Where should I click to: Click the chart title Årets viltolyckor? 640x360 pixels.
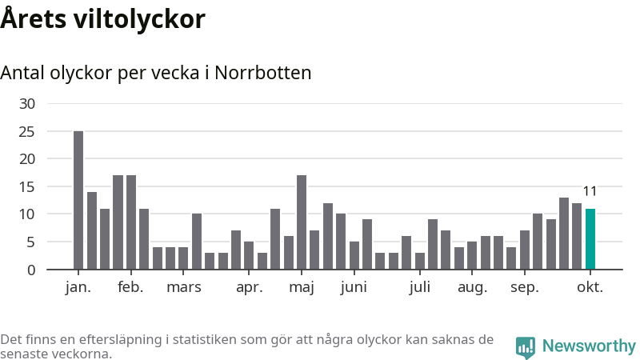click(x=102, y=19)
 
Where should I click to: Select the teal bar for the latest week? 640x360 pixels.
click(x=590, y=238)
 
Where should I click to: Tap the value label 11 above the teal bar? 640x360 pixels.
click(x=590, y=191)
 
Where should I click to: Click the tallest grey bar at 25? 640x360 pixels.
click(x=78, y=200)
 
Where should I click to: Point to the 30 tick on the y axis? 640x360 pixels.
click(x=27, y=103)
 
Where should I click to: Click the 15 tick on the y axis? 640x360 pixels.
click(x=27, y=186)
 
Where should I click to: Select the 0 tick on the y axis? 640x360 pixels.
click(x=31, y=270)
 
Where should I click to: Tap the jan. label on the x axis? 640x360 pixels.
click(x=78, y=287)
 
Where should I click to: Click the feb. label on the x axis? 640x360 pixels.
click(x=130, y=287)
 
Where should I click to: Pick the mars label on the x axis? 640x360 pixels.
click(x=184, y=287)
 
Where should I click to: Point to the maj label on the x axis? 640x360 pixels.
click(x=302, y=287)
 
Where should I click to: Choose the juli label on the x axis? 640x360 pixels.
click(x=419, y=287)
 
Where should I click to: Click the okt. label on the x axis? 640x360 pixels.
click(x=590, y=287)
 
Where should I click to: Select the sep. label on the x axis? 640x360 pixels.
click(x=525, y=287)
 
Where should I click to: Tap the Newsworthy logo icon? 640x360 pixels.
click(x=526, y=346)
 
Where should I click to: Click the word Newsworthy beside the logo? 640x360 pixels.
click(x=589, y=346)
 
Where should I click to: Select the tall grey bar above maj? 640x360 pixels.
click(x=302, y=222)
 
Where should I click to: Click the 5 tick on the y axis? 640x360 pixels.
click(x=31, y=242)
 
